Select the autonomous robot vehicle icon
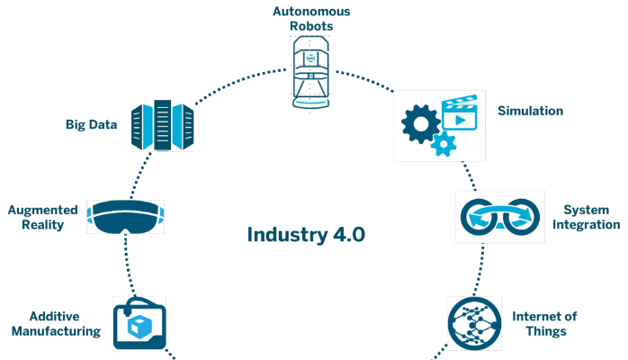[x=311, y=76]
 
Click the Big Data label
[x=92, y=124]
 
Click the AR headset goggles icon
[x=125, y=217]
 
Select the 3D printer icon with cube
[x=139, y=322]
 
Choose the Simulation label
[x=530, y=111]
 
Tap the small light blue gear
[x=442, y=143]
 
